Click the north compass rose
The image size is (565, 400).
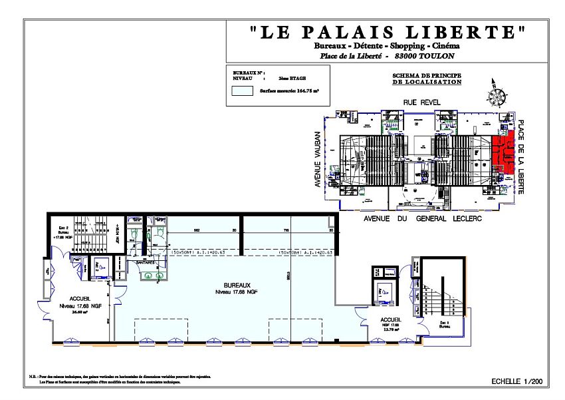tap(496, 94)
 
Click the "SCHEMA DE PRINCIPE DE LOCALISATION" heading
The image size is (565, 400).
tap(427, 79)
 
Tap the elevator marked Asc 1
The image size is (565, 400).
tap(384, 291)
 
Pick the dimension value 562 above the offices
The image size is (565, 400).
tap(197, 230)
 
